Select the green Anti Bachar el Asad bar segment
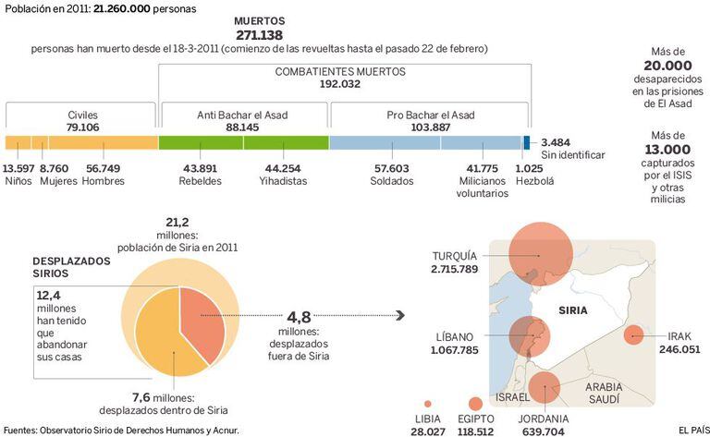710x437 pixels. pyautogui.click(x=243, y=142)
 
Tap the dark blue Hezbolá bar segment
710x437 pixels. pyautogui.click(x=527, y=142)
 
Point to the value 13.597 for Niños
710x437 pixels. pyautogui.click(x=18, y=168)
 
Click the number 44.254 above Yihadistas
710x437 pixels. pyautogui.click(x=282, y=168)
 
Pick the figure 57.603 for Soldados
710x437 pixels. pyautogui.click(x=391, y=168)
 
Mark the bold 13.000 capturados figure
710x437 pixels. pyautogui.click(x=669, y=149)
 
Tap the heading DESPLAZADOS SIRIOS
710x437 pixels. pyautogui.click(x=72, y=268)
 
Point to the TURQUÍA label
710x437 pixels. pyautogui.click(x=454, y=256)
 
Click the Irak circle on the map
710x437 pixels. pyautogui.click(x=633, y=336)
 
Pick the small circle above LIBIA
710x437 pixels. pyautogui.click(x=427, y=404)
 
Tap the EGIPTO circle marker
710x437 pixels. pyautogui.click(x=475, y=404)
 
